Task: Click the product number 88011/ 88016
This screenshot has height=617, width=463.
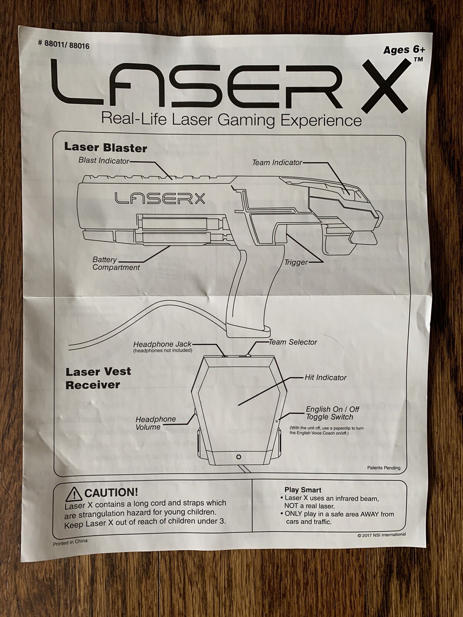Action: coord(64,45)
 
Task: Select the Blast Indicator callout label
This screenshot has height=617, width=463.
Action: coord(104,160)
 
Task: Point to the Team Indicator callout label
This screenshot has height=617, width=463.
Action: coord(277,163)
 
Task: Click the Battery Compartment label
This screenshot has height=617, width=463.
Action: coord(116,264)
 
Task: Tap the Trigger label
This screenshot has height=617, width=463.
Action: coord(296,263)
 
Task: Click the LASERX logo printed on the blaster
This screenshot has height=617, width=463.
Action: coord(160,199)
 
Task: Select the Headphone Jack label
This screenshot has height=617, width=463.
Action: coord(162,344)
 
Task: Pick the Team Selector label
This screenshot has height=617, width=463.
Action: coord(293,342)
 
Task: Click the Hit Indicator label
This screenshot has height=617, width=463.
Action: coord(325,378)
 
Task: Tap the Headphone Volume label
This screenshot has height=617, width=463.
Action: coord(155,423)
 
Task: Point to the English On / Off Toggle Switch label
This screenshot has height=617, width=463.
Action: coord(332,413)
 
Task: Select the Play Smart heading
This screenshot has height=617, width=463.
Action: coord(303,490)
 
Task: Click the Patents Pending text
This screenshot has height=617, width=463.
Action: coord(384,468)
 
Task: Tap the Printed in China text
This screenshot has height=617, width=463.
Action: coord(70,542)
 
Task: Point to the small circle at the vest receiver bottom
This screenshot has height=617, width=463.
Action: coord(239,457)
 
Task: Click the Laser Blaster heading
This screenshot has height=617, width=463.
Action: coord(105,147)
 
